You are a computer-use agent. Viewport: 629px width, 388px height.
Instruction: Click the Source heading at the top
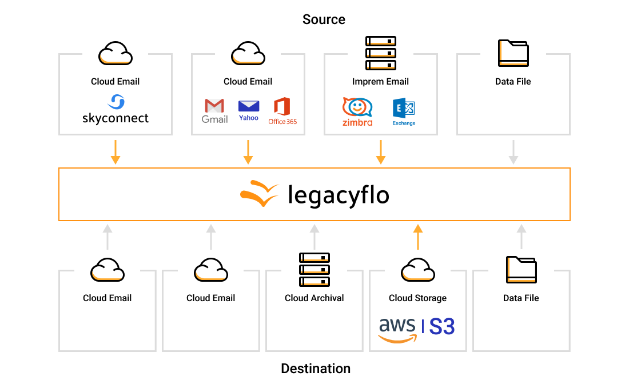coord(324,19)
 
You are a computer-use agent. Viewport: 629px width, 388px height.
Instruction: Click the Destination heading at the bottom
coord(316,369)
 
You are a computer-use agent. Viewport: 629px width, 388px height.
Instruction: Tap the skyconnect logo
coord(116,110)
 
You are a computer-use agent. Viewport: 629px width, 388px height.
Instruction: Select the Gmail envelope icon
coord(214,107)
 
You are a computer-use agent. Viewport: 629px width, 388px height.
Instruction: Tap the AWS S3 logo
coord(417,329)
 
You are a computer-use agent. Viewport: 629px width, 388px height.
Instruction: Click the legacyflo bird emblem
coord(259,193)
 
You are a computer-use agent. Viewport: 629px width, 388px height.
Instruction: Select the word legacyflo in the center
coord(338,195)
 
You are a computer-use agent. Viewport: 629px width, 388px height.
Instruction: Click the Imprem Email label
coord(381,82)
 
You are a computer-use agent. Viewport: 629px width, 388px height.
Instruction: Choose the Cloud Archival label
coord(314,298)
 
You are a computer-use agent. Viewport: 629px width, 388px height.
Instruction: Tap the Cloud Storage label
coord(417,298)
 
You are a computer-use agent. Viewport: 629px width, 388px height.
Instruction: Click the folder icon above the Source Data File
coord(513,53)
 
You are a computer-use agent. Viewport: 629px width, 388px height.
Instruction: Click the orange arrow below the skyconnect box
coord(116,152)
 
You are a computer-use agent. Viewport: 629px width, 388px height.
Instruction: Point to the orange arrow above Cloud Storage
coord(417,237)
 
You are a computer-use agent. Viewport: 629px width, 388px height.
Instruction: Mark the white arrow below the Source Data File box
coord(513,152)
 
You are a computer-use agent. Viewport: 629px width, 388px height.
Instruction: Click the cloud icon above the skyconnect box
coord(116,53)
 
